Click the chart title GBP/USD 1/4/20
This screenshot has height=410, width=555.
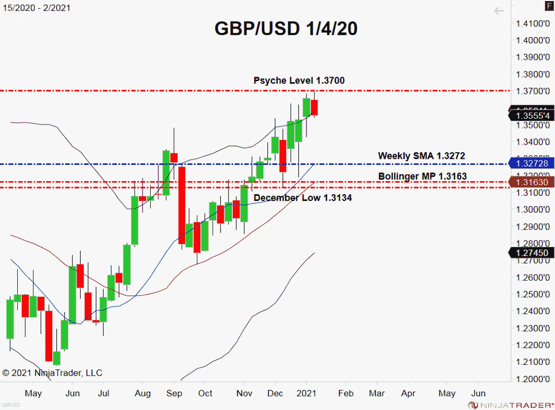pos(286,29)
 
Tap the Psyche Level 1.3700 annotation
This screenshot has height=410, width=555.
pos(299,80)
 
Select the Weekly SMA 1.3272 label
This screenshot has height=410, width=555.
pos(421,156)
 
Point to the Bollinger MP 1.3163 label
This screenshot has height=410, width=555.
pos(422,176)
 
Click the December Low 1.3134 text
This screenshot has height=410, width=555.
pos(302,197)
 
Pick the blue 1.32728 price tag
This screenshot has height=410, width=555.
pos(532,163)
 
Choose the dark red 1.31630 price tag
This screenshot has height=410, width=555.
pos(532,182)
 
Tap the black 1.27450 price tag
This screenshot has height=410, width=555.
pos(532,253)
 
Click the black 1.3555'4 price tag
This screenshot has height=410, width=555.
pos(532,116)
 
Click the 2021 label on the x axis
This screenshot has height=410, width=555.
pos(306,393)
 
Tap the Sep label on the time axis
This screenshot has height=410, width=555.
pos(174,393)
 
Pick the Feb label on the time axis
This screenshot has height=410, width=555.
pos(345,393)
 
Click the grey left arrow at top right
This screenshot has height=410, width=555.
pos(499,11)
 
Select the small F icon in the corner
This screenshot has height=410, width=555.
pos(549,7)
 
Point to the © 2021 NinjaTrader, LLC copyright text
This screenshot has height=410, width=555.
pos(52,373)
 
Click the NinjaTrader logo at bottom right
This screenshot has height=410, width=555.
pos(510,405)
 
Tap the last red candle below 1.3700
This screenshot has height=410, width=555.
pos(315,107)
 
